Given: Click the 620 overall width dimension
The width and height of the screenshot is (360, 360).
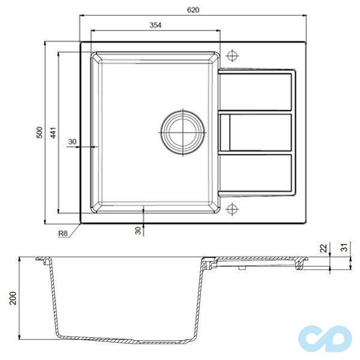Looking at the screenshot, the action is tap(193, 10).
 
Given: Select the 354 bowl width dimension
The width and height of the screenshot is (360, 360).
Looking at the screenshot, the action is tap(155, 25).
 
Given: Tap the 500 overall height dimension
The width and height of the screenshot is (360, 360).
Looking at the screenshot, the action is tap(40, 133).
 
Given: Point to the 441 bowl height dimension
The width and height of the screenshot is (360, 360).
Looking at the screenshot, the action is tap(53, 133).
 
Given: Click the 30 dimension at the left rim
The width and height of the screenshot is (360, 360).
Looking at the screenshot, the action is tap(73, 142).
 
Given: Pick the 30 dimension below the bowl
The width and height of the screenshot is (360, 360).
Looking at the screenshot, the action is tap(138, 230).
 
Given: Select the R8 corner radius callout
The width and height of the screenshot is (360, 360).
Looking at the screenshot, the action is tap(63, 233).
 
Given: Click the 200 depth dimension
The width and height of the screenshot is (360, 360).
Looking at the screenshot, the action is tap(13, 298).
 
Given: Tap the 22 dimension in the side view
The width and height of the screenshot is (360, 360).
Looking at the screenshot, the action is tap(323, 248).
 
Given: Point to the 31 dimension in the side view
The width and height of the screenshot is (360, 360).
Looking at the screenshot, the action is tap(344, 247).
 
